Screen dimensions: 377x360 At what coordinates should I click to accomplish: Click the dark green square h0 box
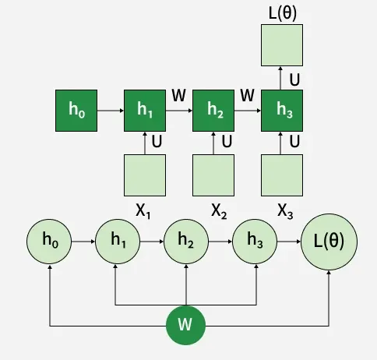pyautogui.click(x=76, y=111)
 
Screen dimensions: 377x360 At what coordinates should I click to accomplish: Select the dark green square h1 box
pyautogui.click(x=145, y=111)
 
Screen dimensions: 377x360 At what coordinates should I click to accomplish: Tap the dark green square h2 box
pyautogui.click(x=213, y=111)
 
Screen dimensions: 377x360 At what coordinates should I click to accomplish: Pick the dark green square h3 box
pyautogui.click(x=282, y=111)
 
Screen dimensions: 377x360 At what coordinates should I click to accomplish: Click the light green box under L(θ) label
pyautogui.click(x=282, y=45)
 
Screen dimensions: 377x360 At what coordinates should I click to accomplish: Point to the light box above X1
pyautogui.click(x=145, y=175)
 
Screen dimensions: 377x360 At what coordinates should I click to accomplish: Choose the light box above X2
pyautogui.click(x=213, y=175)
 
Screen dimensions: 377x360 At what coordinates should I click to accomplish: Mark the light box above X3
pyautogui.click(x=282, y=175)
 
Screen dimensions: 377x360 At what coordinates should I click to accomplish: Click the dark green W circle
pyautogui.click(x=185, y=325)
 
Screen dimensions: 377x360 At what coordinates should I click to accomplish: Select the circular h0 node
pyautogui.click(x=49, y=242)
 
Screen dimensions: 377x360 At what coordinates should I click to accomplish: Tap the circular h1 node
pyautogui.click(x=118, y=242)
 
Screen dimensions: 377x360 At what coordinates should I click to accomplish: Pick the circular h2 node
pyautogui.click(x=186, y=242)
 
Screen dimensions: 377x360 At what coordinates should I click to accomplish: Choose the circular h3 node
pyautogui.click(x=255, y=242)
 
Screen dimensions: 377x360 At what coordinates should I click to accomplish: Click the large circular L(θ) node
pyautogui.click(x=329, y=242)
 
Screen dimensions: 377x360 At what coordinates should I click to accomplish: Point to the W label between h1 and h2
pyautogui.click(x=179, y=95)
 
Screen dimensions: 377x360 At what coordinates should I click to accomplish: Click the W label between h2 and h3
pyautogui.click(x=247, y=95)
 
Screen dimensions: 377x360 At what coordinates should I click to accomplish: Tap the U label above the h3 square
pyautogui.click(x=294, y=79)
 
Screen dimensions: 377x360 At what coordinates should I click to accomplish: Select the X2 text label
pyautogui.click(x=219, y=211)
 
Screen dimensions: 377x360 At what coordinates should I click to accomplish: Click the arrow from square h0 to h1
pyautogui.click(x=111, y=111)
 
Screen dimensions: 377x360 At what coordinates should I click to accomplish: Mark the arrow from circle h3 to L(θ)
pyautogui.click(x=289, y=242)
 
